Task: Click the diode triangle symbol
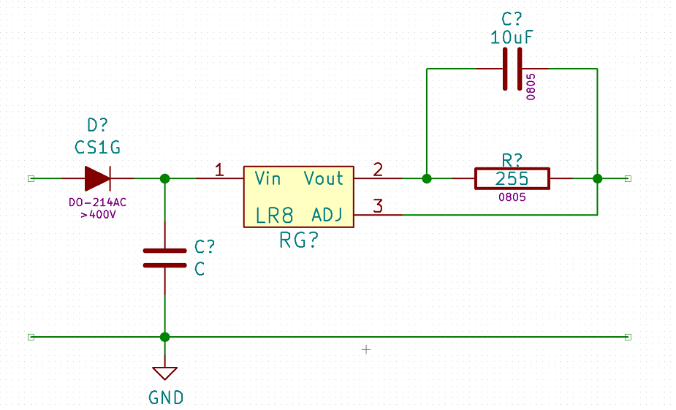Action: point(97,178)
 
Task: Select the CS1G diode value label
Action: point(97,148)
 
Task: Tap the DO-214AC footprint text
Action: point(97,202)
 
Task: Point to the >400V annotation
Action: point(99,214)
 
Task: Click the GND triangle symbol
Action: point(164,373)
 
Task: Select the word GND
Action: point(166,398)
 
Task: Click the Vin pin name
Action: point(267,178)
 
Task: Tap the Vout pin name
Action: point(324,178)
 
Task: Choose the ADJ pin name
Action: point(327,214)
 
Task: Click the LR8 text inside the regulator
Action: point(275,215)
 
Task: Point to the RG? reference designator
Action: point(299,240)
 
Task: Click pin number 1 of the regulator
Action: point(219,170)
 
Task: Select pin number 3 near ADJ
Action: point(378,206)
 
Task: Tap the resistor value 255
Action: point(512,178)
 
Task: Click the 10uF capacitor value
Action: point(512,37)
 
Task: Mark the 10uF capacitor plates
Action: point(512,69)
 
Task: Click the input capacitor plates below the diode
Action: point(164,258)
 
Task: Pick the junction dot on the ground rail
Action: point(164,337)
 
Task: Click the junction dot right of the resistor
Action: point(597,178)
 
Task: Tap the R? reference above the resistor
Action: point(512,160)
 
